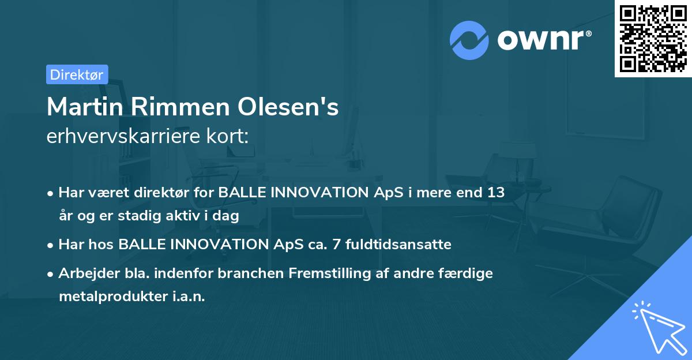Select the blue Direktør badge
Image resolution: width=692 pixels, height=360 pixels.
77,74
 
